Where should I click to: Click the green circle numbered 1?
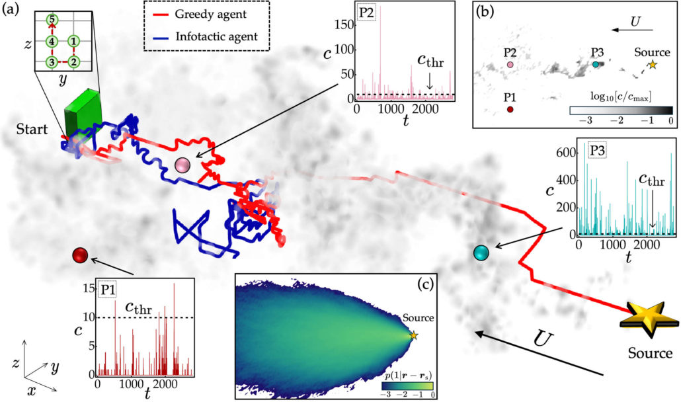(74, 42)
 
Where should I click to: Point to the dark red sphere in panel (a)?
(81, 255)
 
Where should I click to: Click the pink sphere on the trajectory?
(183, 165)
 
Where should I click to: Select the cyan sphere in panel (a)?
(481, 252)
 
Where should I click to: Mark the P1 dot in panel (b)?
(510, 110)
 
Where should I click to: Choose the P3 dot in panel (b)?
(596, 64)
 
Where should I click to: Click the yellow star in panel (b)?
(653, 64)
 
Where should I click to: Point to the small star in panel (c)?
(414, 336)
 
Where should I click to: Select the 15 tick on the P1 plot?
(89, 288)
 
